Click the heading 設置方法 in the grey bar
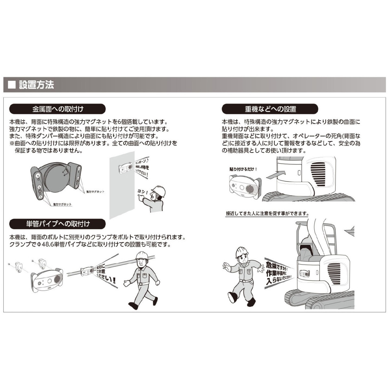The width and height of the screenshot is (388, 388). (36, 85)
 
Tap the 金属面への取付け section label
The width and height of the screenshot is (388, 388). (57, 109)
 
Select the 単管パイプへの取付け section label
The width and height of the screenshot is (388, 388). (57, 224)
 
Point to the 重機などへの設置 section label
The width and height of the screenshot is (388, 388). (270, 109)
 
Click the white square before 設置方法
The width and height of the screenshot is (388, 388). (12, 85)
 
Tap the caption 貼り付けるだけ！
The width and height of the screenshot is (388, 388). (243, 169)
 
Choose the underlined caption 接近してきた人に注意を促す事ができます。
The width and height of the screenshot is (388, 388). (267, 214)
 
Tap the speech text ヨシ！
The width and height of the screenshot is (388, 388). (143, 192)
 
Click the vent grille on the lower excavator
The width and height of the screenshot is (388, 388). (334, 274)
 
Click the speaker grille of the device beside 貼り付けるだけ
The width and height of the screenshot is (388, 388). (251, 188)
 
